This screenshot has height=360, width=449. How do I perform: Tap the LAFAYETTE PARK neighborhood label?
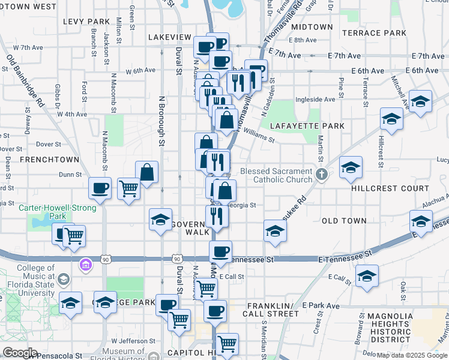coord(307,126)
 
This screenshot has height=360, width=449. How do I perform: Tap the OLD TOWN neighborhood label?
coord(344,221)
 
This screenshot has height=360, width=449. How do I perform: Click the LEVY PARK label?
coord(86,22)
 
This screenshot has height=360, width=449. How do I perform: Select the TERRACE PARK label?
coord(374,33)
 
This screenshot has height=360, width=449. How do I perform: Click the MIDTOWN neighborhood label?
coord(312,27)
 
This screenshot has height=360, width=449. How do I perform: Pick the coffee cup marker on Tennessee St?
coord(221,252)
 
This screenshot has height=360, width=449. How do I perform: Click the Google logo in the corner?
coord(19,353)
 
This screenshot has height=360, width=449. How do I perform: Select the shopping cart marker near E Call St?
coord(206,289)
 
